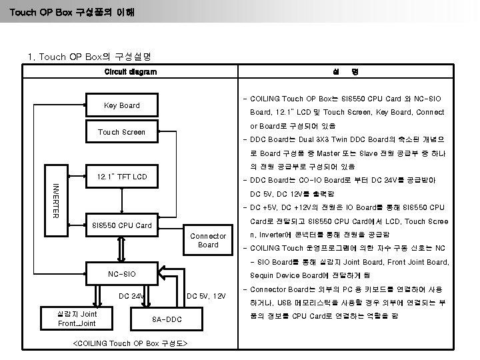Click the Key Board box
click(121, 105)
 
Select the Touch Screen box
click(121, 132)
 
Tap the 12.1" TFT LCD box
click(121, 177)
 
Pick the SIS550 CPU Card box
click(121, 225)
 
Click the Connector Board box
click(208, 241)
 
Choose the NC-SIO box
click(121, 274)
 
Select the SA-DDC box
click(167, 319)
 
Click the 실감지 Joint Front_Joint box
click(77, 319)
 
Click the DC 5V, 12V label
click(206, 296)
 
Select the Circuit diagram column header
click(131, 72)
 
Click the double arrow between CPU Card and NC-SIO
click(121, 249)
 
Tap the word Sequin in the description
click(264, 275)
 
